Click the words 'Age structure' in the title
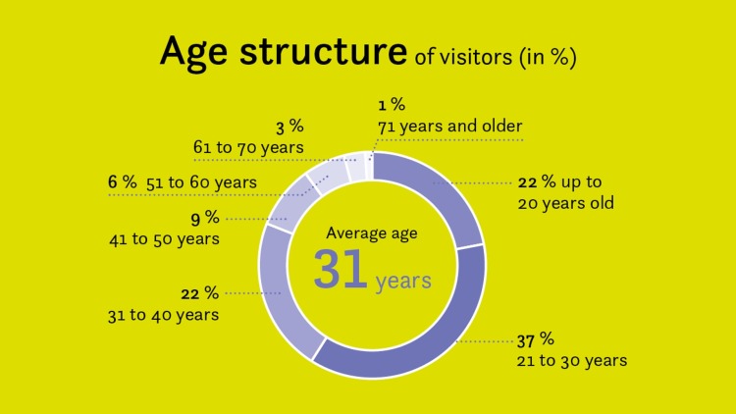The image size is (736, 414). point(284,52)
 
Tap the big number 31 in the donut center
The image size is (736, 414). point(340,270)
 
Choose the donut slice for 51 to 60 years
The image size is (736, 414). point(324,176)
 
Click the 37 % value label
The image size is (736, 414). point(536,339)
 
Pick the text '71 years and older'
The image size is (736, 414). point(450,126)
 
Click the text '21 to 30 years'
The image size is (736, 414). point(571,361)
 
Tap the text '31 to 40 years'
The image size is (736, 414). point(163,315)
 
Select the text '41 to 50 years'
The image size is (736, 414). point(164,238)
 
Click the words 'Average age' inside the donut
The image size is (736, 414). point(371,233)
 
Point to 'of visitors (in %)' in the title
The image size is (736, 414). point(494,57)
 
